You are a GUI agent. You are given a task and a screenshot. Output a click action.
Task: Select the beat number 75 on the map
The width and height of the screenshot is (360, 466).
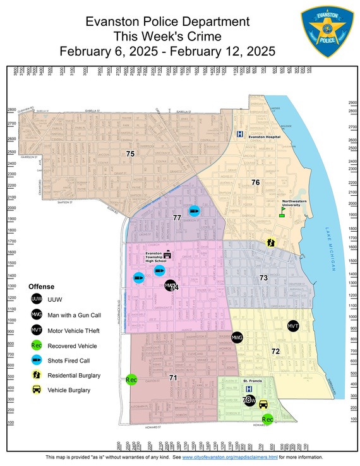(x=130, y=154)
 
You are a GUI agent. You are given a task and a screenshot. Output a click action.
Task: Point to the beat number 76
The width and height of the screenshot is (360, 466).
(x=256, y=182)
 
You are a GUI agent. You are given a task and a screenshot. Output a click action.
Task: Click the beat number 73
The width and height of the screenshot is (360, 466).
(x=263, y=278)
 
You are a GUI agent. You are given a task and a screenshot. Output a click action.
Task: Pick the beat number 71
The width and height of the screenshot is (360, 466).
(x=172, y=377)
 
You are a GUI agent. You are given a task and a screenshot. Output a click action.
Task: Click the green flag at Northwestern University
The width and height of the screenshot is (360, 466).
(x=283, y=213)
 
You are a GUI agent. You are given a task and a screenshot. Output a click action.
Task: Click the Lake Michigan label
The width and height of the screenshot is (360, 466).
(x=329, y=249)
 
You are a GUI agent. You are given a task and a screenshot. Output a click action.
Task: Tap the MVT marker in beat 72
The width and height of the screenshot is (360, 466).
(x=292, y=326)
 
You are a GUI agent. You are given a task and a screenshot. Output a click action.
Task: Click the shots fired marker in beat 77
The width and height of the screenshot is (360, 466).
(x=195, y=211)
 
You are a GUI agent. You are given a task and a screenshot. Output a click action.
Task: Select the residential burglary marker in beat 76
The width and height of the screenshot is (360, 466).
(x=271, y=242)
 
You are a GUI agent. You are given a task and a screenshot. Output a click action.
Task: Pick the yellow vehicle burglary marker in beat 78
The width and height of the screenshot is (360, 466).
(x=263, y=405)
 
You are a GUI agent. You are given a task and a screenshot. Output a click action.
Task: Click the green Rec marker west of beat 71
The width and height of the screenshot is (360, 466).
(x=131, y=380)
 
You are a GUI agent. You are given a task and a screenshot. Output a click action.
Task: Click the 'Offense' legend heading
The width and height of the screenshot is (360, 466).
(x=42, y=286)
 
